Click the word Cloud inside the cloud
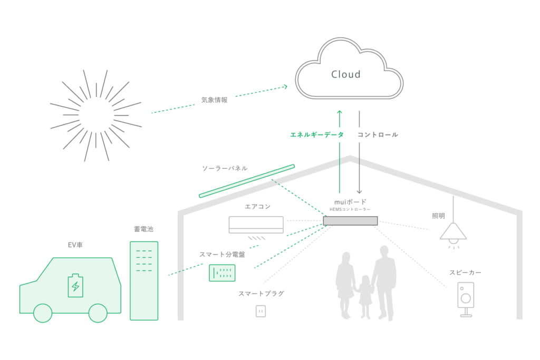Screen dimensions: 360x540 (345, 74)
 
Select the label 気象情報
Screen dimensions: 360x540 (214, 100)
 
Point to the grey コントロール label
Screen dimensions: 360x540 (378, 135)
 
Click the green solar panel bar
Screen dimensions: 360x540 (247, 181)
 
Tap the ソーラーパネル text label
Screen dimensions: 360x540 (225, 168)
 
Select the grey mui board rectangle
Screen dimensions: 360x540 (350, 221)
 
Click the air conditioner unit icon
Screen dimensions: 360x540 (256, 223)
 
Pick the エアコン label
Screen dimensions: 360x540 (258, 207)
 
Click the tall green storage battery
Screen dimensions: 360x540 (144, 280)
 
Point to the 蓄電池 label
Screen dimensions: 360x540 (144, 229)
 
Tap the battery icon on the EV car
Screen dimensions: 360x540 (75, 285)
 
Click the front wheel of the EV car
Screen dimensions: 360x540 (43, 313)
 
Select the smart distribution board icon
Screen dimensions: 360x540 (222, 273)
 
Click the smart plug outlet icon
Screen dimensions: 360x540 (261, 311)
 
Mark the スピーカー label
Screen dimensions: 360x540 (465, 273)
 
